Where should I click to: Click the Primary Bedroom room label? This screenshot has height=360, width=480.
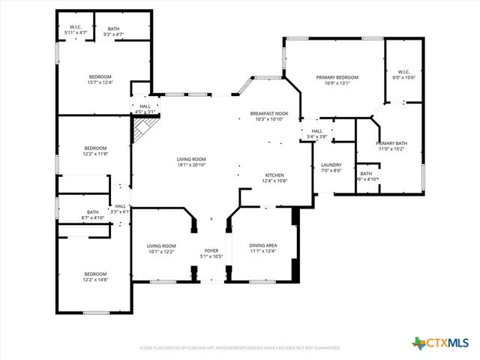[x=337, y=77]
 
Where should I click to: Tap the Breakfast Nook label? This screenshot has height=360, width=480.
[x=271, y=113]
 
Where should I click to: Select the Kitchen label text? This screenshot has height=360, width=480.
[x=275, y=175]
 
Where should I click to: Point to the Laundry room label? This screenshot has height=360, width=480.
[x=331, y=165]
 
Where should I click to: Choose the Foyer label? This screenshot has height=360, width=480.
[x=211, y=251]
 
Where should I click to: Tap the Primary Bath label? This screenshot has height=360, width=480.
[x=390, y=142]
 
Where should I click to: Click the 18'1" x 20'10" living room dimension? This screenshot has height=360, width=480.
[x=191, y=165]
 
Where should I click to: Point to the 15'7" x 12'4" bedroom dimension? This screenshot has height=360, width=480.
[x=100, y=82]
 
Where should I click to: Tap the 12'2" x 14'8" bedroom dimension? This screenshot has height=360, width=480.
[x=95, y=280]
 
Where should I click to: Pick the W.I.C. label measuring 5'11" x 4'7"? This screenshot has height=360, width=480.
[x=75, y=28]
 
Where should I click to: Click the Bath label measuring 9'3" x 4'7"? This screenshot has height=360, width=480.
[x=112, y=28]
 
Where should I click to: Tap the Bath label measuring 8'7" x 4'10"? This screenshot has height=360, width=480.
[x=92, y=212]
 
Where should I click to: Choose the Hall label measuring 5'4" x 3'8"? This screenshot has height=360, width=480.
[x=316, y=131]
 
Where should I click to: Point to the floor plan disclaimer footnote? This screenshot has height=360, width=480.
[x=240, y=348]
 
